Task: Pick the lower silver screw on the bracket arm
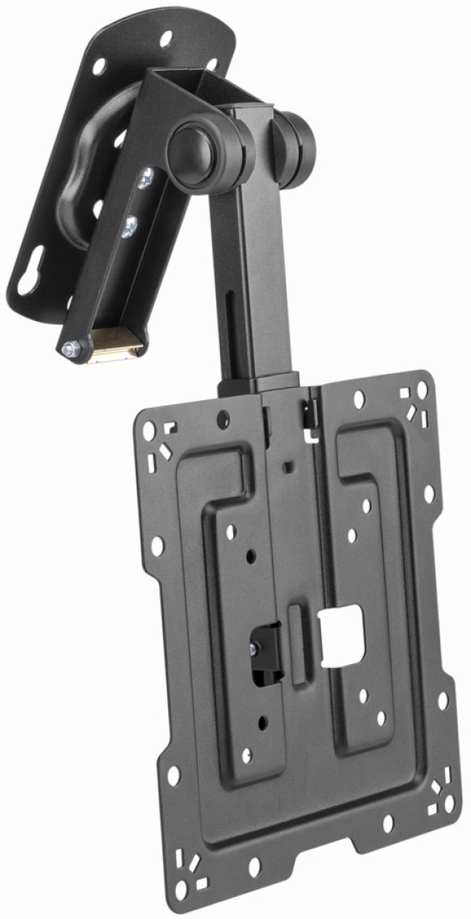click(x=129, y=227)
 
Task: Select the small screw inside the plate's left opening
click(x=254, y=648)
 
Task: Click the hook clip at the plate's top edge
click(x=311, y=411)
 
